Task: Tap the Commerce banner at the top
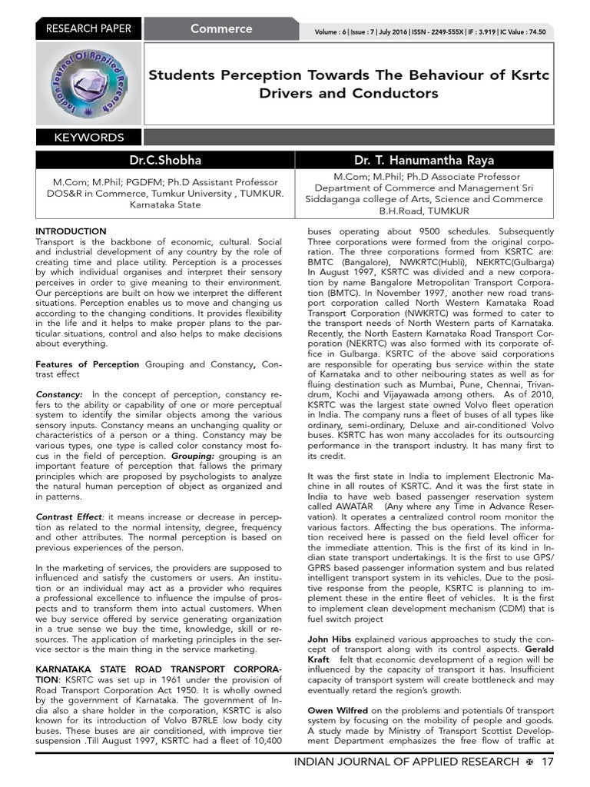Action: point(221,29)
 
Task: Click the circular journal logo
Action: point(88,84)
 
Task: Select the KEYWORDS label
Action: point(88,138)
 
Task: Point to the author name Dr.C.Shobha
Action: point(165,160)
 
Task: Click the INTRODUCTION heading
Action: point(71,231)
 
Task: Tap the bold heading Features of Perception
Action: point(88,364)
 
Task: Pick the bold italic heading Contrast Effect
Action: point(68,516)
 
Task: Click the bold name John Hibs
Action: point(329,639)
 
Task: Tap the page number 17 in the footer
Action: point(547,762)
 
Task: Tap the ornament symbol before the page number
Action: point(529,762)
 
